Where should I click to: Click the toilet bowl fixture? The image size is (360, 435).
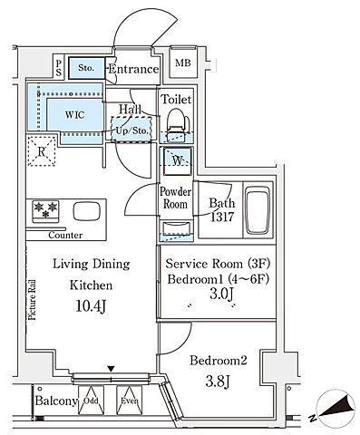click(x=177, y=124)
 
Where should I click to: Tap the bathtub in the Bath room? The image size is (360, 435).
click(x=258, y=210)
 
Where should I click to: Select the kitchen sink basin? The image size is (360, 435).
click(x=86, y=211)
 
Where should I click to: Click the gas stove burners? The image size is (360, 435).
click(x=45, y=210)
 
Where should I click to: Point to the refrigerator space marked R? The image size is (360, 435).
click(x=42, y=151)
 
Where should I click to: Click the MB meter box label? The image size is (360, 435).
click(x=183, y=63)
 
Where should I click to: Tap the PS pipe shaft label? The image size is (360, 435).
click(x=59, y=68)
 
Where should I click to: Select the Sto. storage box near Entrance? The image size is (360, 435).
click(x=86, y=68)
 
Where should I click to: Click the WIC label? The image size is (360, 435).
click(x=74, y=115)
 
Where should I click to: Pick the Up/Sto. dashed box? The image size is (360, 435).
click(x=131, y=129)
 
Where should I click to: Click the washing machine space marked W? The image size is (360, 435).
click(x=178, y=161)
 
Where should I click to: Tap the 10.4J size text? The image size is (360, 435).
click(x=91, y=306)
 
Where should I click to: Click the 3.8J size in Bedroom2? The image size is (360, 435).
click(x=218, y=382)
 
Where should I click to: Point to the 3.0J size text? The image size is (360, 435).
click(x=222, y=294)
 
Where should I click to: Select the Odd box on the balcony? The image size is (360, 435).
click(x=91, y=401)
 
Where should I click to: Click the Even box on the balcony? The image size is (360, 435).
click(x=130, y=401)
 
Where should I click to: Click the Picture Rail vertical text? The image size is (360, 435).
click(x=32, y=300)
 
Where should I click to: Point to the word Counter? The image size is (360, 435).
click(x=65, y=235)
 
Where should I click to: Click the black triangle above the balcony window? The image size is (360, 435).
click(x=112, y=369)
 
